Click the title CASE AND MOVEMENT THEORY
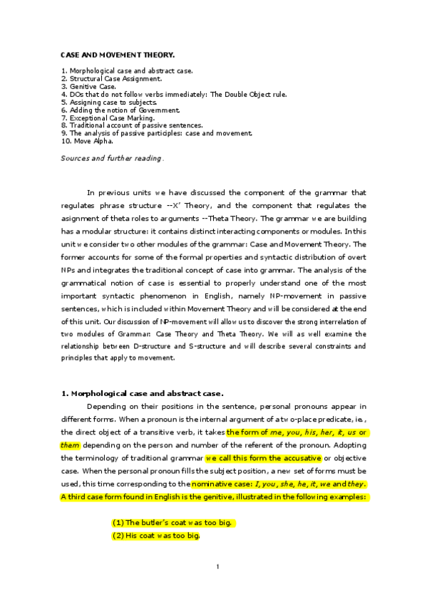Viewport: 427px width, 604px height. (x=118, y=54)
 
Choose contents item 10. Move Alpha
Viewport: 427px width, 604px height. (x=88, y=141)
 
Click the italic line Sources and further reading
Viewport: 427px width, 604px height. (x=111, y=158)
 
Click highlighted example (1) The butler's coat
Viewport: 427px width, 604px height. (x=173, y=523)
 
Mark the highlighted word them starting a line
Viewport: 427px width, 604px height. (x=70, y=444)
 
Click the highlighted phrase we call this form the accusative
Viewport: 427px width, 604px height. (x=264, y=457)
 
